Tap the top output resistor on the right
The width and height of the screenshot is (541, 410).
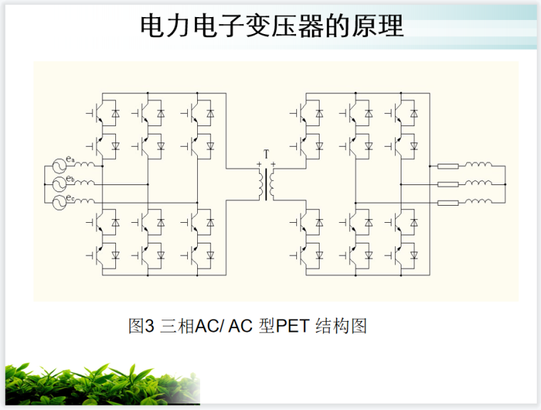(448, 167)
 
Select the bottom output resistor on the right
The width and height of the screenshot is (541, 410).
(448, 203)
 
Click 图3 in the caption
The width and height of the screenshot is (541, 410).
(141, 327)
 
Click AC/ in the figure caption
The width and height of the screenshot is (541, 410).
(211, 327)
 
